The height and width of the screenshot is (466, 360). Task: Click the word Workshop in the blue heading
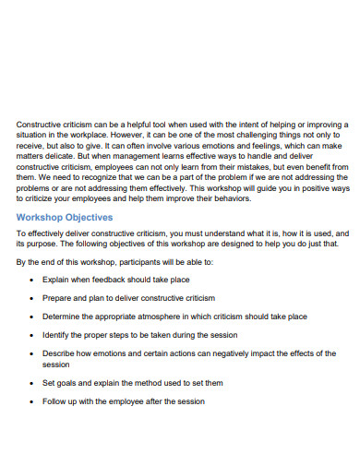pos(41,217)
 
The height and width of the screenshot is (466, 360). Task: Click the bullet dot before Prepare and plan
pos(32,298)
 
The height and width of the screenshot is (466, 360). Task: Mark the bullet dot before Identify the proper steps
pos(32,334)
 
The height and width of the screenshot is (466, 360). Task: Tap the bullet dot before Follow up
pos(32,401)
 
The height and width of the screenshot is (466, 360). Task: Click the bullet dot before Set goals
pos(32,383)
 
